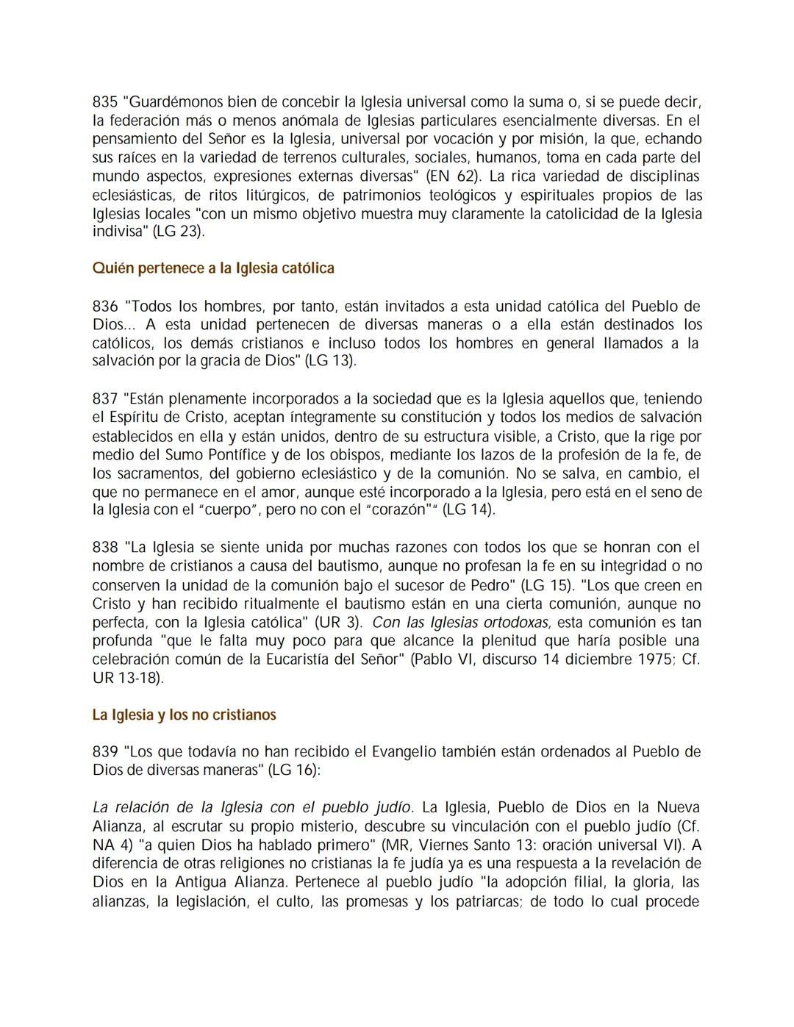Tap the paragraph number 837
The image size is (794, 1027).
click(x=105, y=399)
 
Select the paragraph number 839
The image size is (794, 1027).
click(x=105, y=752)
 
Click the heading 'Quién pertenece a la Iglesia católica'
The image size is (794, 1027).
click(x=213, y=268)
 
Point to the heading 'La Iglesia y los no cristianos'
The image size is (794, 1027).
click(x=184, y=715)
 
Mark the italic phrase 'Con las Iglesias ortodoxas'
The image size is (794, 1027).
click(x=461, y=623)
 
